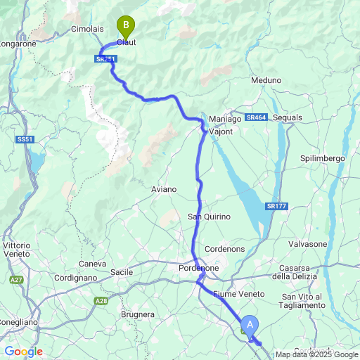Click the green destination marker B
point(126,27)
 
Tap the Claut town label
point(126,42)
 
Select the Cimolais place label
point(88,30)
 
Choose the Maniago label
point(225,119)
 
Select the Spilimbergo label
point(323,158)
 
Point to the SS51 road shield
point(25,140)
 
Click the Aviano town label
point(164,189)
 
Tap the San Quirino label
point(209,216)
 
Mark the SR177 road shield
point(276,205)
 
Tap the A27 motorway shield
point(16,280)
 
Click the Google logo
point(23,351)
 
